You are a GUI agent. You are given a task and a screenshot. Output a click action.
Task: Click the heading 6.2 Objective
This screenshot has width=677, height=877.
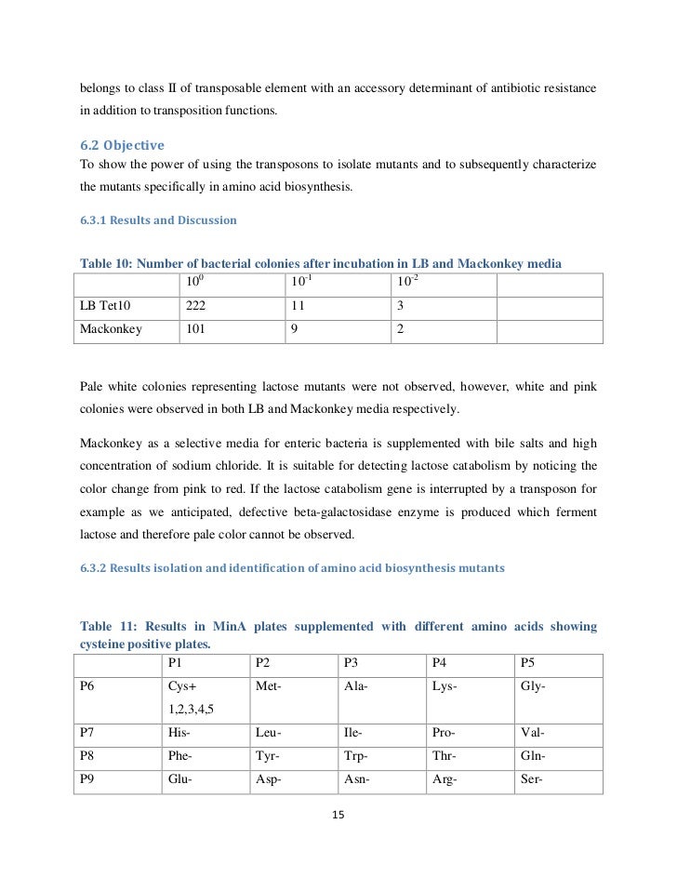122,146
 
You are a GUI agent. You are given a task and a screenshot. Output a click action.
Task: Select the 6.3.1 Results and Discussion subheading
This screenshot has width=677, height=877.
158,220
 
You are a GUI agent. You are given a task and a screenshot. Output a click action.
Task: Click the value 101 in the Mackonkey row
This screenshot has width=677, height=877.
196,328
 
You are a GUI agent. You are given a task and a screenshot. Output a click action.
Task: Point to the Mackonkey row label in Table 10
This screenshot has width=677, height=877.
112,328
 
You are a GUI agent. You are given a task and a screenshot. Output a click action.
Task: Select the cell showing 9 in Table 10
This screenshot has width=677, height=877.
294,328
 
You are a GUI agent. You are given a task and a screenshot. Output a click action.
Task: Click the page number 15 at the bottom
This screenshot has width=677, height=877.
338,816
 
